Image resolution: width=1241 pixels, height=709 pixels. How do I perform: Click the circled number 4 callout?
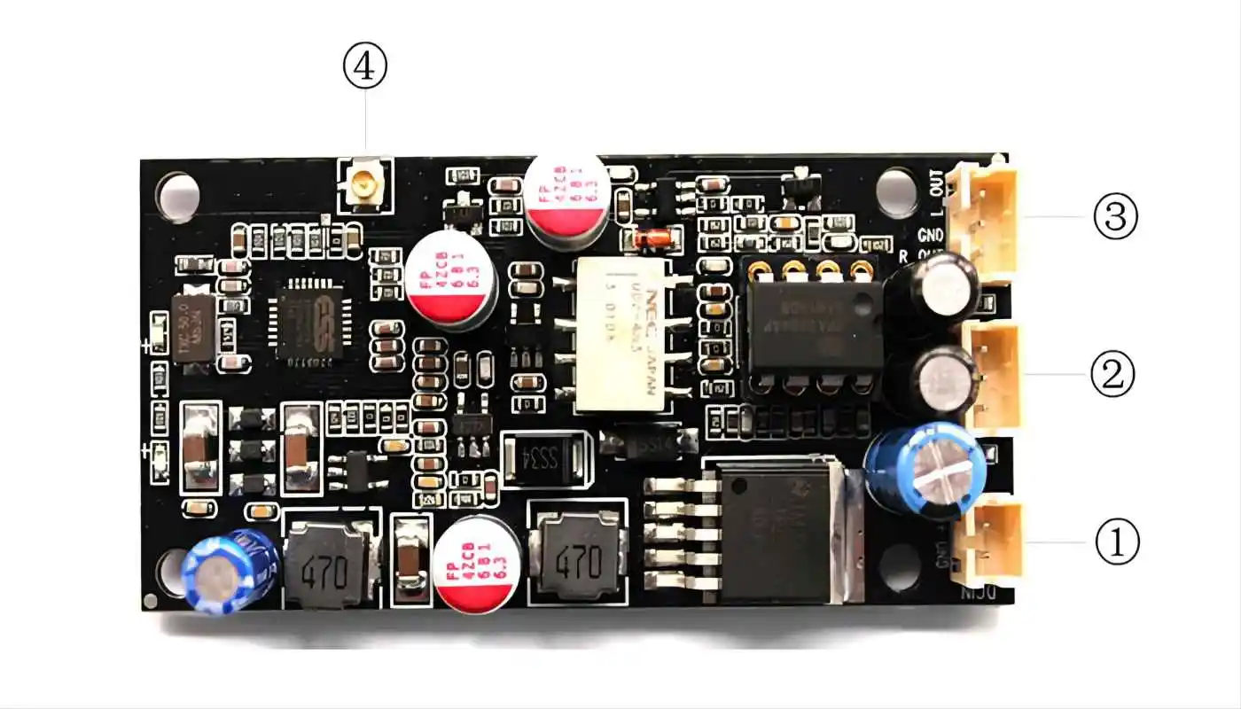pyautogui.click(x=365, y=68)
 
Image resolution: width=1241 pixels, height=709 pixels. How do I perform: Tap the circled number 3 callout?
pyautogui.click(x=1115, y=217)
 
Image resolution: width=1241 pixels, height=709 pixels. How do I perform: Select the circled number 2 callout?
pyautogui.click(x=1112, y=375)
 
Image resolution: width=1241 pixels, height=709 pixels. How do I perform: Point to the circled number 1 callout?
pyautogui.click(x=1117, y=541)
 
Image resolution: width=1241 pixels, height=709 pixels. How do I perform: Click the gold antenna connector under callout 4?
pyautogui.click(x=364, y=185)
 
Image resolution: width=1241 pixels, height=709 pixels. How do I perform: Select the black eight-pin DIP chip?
pyautogui.click(x=815, y=324)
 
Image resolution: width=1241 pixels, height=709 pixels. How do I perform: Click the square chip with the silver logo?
pyautogui.click(x=309, y=322)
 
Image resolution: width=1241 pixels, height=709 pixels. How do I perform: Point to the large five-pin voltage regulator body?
pyautogui.click(x=780, y=532)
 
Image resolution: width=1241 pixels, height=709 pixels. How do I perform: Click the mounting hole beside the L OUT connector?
pyautogui.click(x=896, y=191)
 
